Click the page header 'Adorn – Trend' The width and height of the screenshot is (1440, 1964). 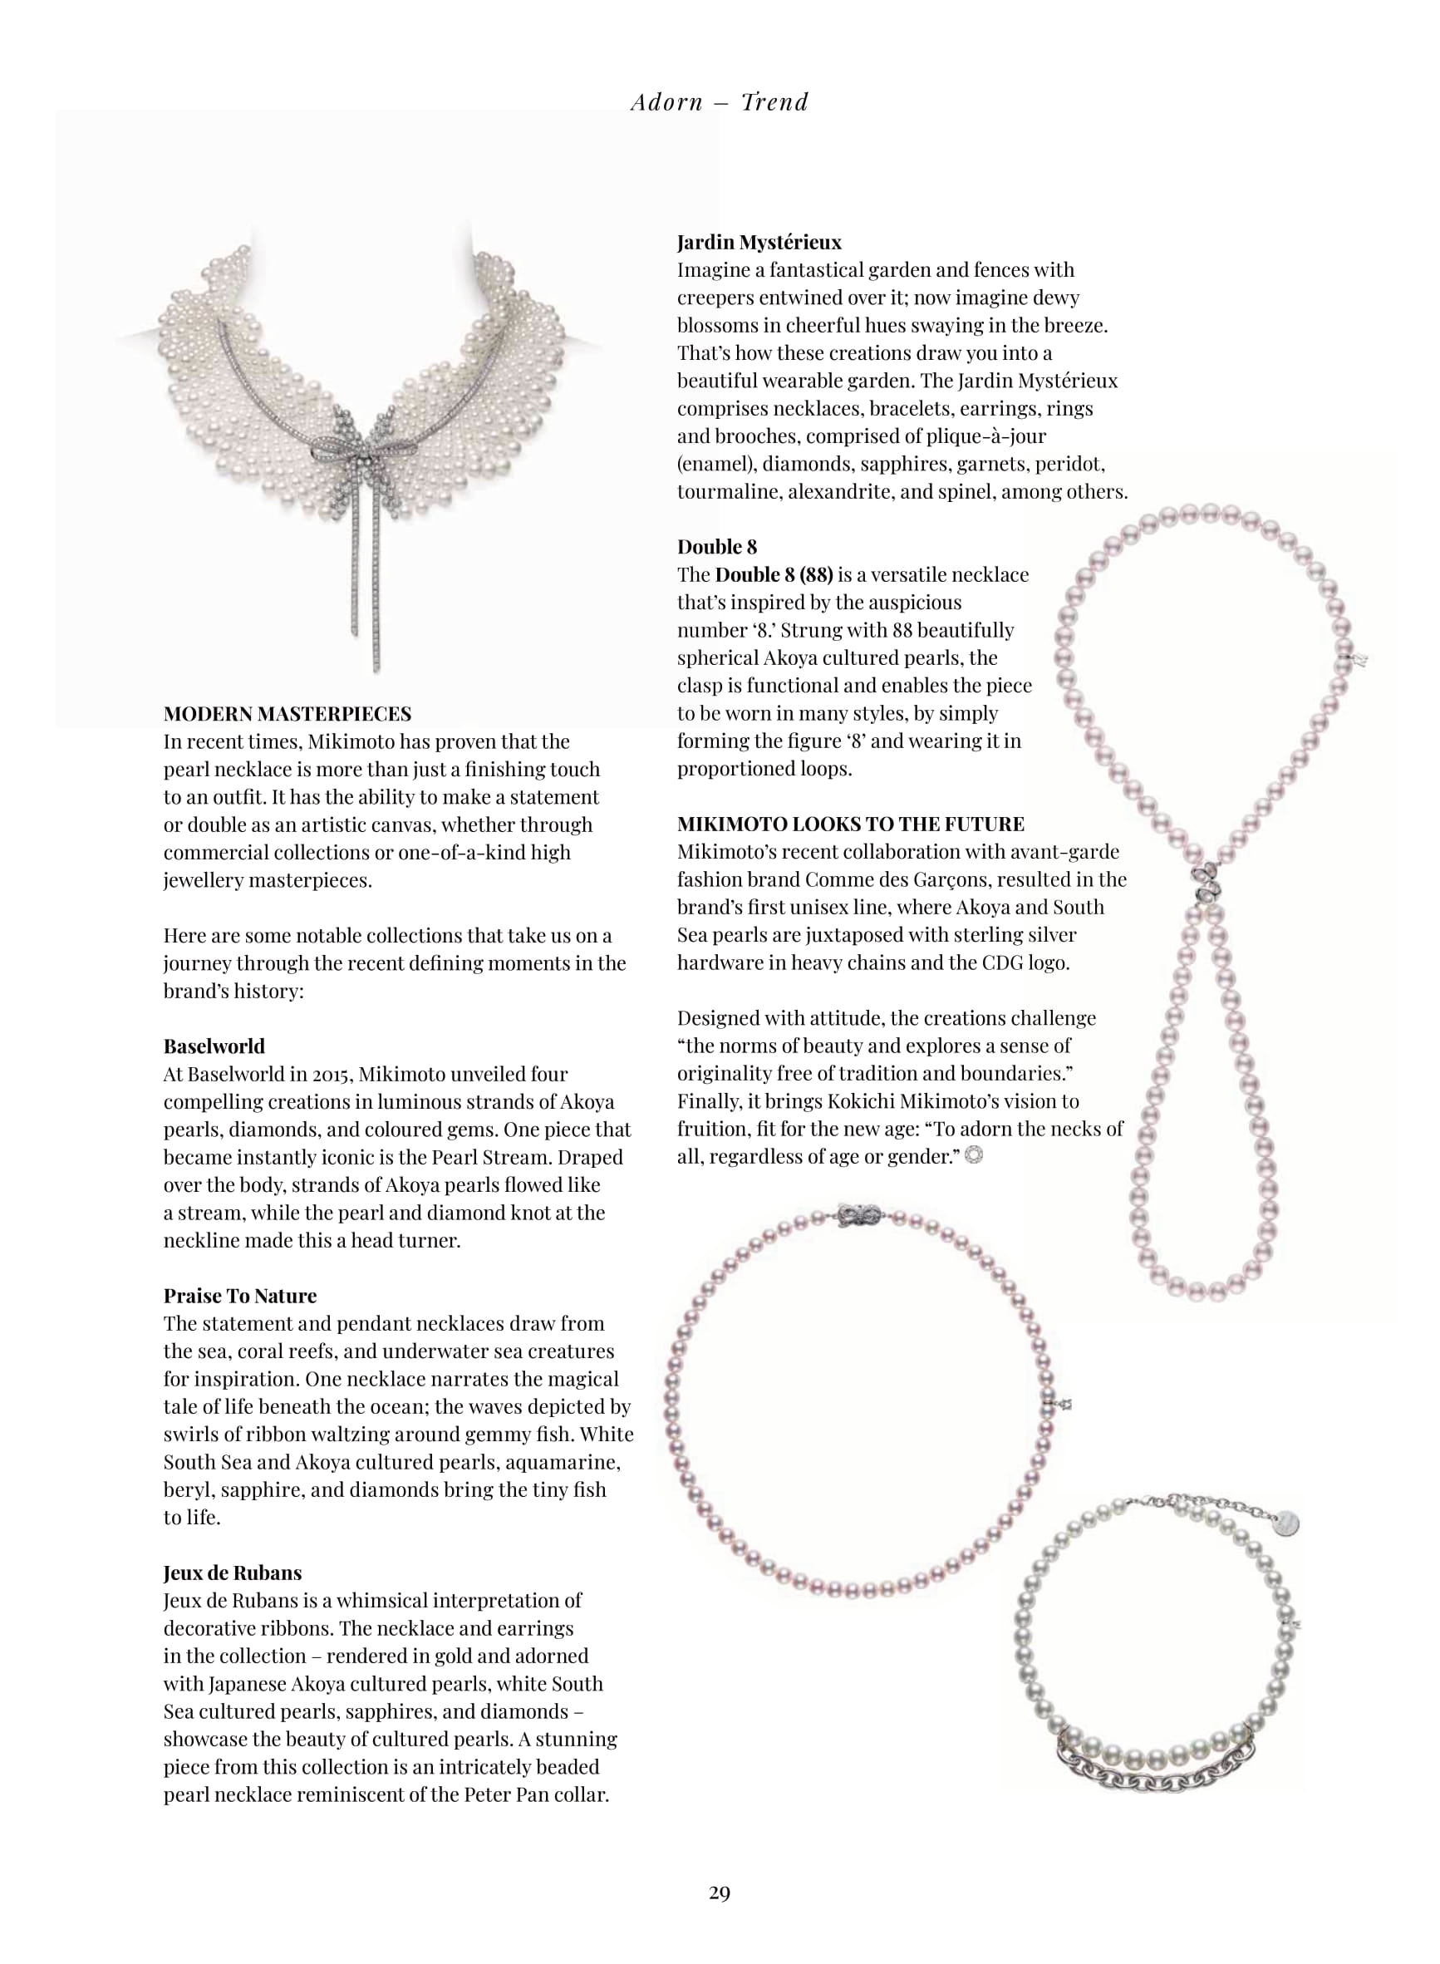719,103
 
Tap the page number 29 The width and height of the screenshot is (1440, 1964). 719,1917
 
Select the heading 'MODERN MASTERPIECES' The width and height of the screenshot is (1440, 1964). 288,714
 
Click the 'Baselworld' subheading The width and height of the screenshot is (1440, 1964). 214,1046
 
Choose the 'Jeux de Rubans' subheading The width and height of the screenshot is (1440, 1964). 233,1573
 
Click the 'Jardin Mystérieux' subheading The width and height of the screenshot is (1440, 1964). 759,243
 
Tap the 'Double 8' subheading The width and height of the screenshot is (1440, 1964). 717,547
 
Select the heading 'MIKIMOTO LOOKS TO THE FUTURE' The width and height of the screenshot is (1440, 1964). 851,824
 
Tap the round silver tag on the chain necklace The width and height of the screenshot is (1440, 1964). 1284,1523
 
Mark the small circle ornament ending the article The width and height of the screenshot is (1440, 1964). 975,1156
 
